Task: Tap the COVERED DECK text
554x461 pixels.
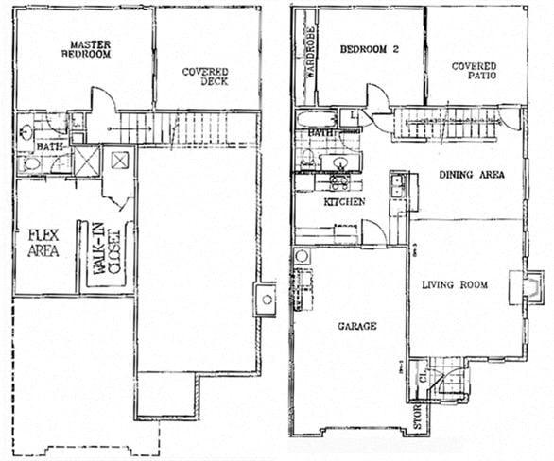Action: tap(205, 77)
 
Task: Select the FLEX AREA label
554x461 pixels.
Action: tap(43, 243)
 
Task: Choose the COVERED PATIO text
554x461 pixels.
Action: tap(474, 72)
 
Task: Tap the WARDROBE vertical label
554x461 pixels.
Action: tap(307, 56)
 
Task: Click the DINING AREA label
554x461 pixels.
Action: tap(471, 175)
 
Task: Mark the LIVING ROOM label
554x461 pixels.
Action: tap(455, 284)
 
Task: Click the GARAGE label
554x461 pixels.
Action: tap(357, 326)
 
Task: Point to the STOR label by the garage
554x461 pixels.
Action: tap(418, 418)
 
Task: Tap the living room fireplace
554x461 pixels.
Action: tap(532, 288)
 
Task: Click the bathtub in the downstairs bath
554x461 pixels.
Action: tap(316, 120)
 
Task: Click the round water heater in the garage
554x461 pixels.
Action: tap(303, 256)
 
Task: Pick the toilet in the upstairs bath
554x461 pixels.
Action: tap(31, 164)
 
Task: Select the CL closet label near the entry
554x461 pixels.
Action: tap(424, 375)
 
